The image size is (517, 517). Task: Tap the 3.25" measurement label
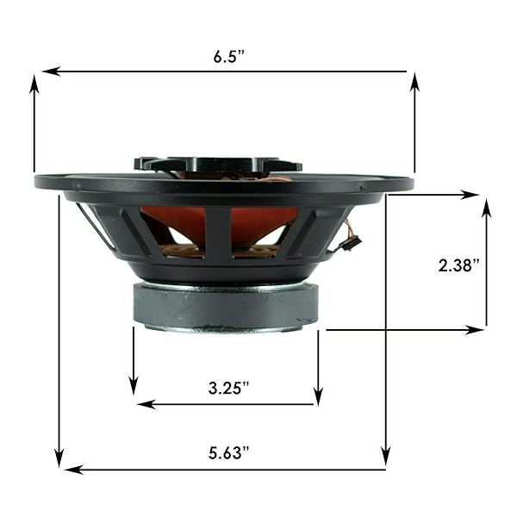(228, 387)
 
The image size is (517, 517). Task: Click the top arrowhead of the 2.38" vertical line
(487, 207)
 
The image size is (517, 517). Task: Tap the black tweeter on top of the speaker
(217, 164)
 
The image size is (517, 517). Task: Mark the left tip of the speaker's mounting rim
(37, 182)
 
